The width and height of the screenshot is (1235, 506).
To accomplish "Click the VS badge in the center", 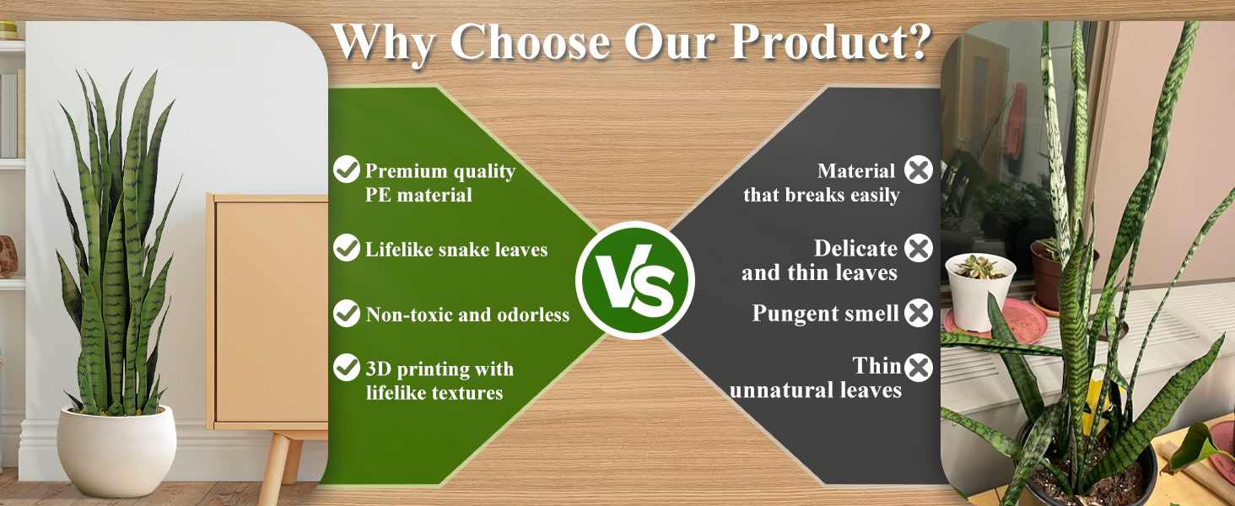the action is [x=635, y=280].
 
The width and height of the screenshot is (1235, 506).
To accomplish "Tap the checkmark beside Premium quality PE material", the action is [x=347, y=170].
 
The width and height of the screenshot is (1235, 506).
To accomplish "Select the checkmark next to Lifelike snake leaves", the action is [x=347, y=247].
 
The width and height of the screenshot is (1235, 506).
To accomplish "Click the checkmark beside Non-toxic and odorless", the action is [x=347, y=313].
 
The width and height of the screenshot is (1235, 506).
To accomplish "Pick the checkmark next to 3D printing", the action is [x=347, y=367].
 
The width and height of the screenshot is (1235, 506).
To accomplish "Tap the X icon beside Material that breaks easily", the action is [x=919, y=170].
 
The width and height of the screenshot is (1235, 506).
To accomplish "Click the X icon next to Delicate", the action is [x=919, y=247].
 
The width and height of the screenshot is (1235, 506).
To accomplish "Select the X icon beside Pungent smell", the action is [x=919, y=313].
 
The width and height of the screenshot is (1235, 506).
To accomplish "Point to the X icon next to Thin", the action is [x=919, y=368].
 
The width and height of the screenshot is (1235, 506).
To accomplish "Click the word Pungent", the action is [x=790, y=314].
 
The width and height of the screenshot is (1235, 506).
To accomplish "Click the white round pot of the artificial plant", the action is [x=116, y=449].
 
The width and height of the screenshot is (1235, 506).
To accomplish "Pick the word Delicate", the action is [x=855, y=249].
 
